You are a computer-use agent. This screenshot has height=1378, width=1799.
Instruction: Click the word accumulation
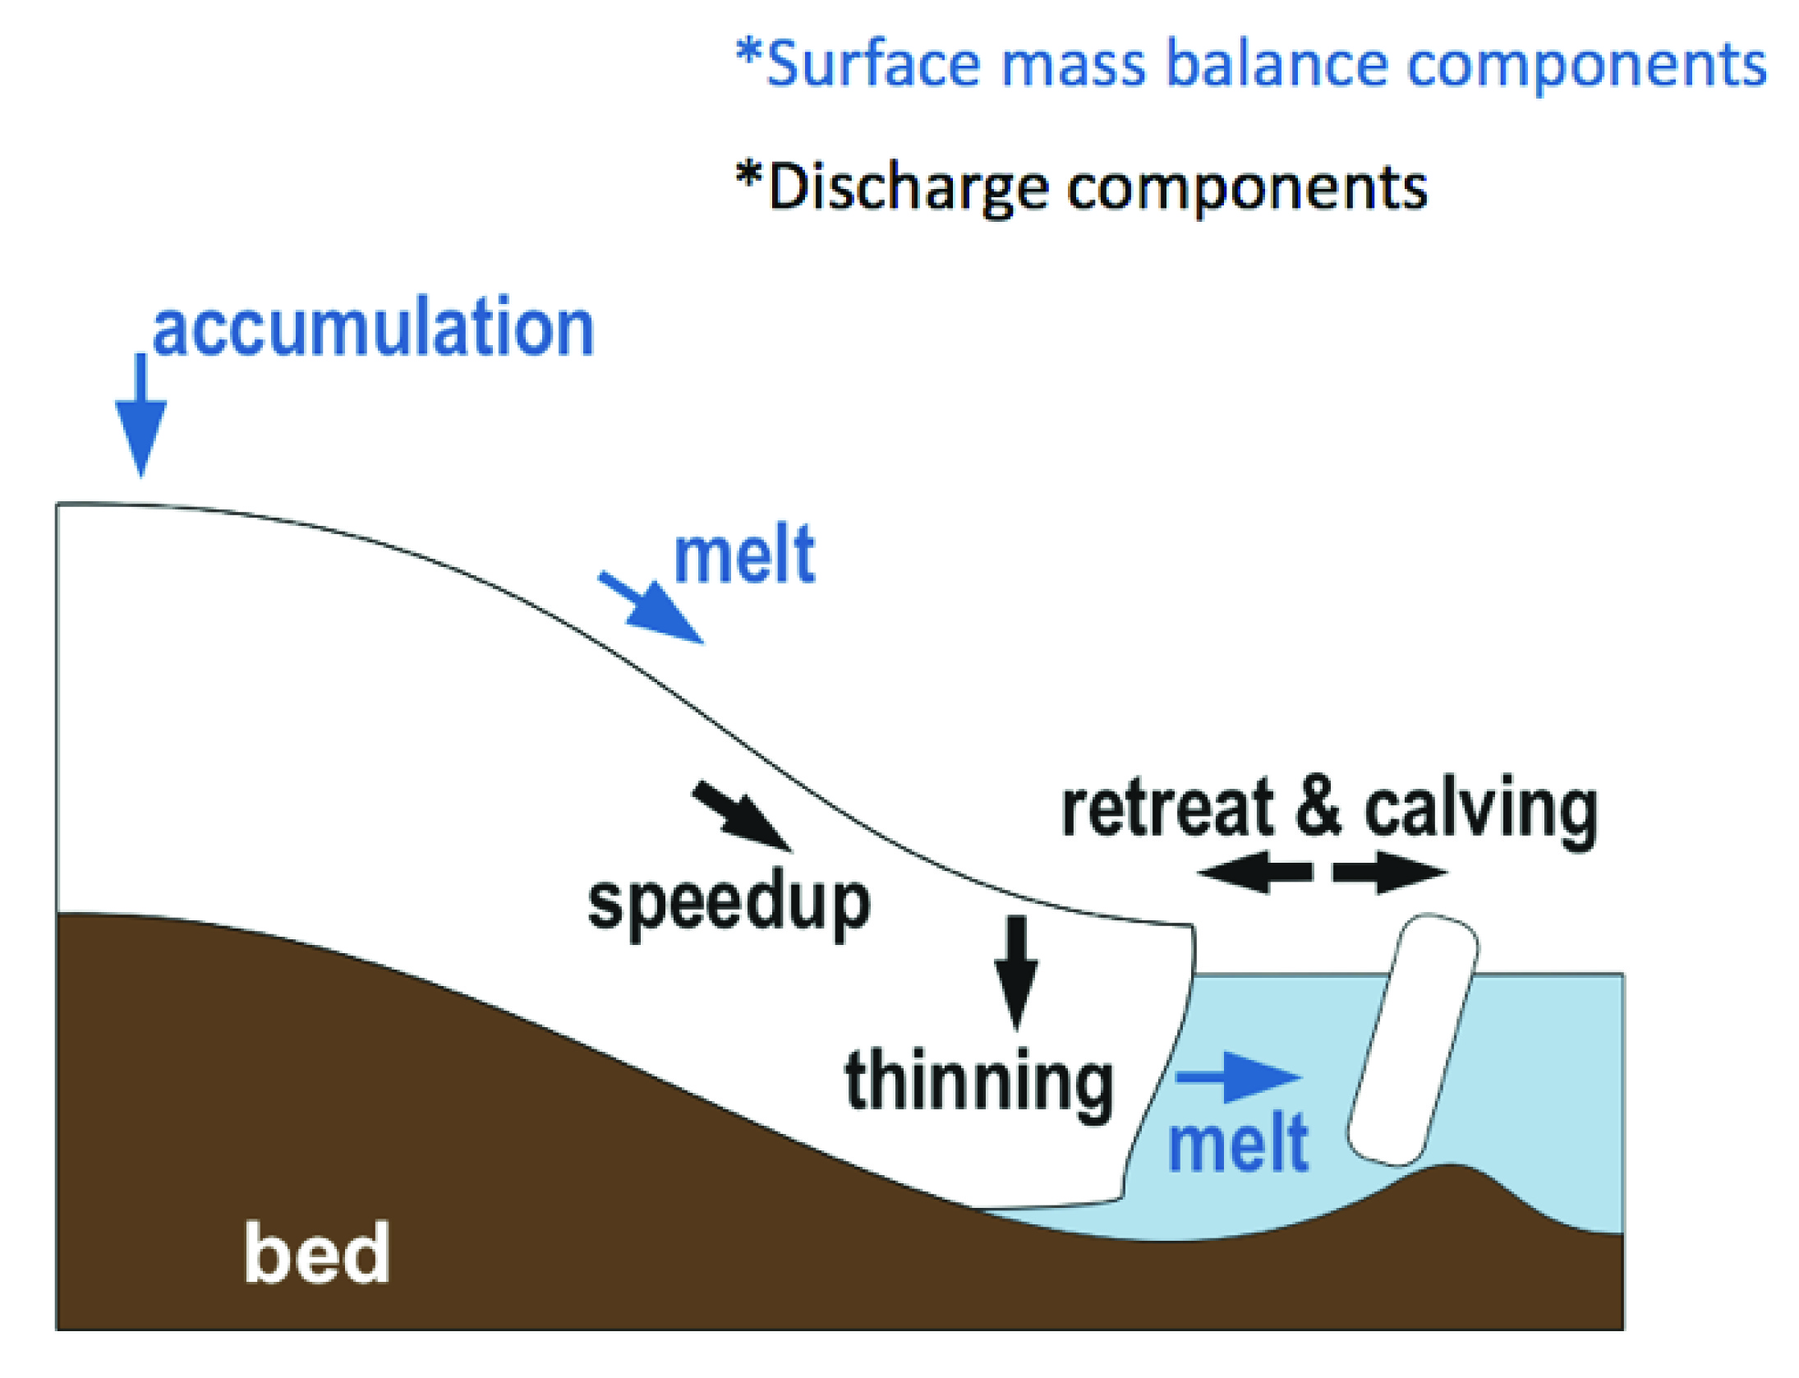(374, 329)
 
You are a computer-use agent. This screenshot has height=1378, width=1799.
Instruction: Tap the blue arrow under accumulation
(140, 419)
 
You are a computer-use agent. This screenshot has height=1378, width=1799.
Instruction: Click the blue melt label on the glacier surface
(744, 556)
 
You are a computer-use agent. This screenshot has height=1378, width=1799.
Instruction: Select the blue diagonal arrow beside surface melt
(653, 609)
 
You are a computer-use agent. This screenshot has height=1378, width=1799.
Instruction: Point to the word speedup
(729, 904)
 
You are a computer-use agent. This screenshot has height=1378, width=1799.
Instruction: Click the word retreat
(1167, 809)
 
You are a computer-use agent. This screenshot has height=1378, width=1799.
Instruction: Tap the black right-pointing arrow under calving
(1389, 872)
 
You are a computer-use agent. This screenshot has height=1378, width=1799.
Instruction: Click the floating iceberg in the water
(1413, 1039)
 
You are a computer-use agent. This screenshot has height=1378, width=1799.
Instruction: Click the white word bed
(316, 1253)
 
